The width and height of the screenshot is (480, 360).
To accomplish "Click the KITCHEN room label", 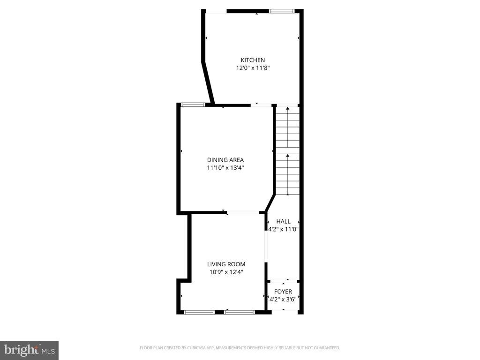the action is click(x=253, y=60).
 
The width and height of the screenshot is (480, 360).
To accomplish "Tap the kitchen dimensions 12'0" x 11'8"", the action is click(x=253, y=68).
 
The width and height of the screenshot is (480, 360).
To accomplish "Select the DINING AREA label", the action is click(x=225, y=160).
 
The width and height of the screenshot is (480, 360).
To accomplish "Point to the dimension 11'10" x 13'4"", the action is click(x=225, y=168).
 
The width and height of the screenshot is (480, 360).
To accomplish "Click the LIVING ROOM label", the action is click(x=226, y=264).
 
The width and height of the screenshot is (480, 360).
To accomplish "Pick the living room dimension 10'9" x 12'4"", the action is click(x=226, y=272).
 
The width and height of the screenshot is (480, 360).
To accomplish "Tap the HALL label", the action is click(x=283, y=221).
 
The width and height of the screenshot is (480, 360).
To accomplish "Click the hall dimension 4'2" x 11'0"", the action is click(x=283, y=229).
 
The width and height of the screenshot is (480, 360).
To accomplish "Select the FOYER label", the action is click(x=283, y=292).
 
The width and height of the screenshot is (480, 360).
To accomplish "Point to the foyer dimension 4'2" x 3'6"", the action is click(x=283, y=299).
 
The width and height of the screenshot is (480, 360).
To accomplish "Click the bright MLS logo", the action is click(x=30, y=350).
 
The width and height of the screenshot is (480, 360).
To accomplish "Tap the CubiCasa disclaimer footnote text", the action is click(x=240, y=348).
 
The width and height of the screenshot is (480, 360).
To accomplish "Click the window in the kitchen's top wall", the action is click(x=282, y=11).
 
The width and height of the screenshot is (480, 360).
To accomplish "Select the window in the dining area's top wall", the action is click(x=193, y=105).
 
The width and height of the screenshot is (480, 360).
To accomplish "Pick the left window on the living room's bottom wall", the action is click(x=199, y=312).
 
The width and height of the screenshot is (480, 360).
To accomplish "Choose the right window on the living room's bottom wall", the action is click(x=240, y=312).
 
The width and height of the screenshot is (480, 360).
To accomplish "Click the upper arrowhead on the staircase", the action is click(x=287, y=108).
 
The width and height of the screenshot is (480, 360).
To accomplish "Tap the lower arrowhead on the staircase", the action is click(x=287, y=156).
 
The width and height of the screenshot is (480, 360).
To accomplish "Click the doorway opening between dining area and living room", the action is click(x=243, y=212).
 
